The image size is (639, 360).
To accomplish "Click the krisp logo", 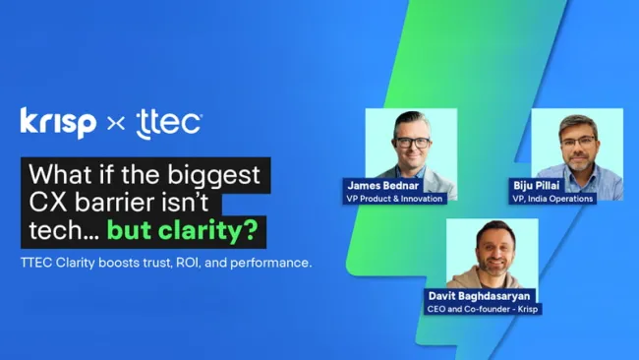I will point(58,122).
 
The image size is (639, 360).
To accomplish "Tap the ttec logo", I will point(169,123).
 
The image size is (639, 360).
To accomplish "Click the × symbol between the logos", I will point(115,124).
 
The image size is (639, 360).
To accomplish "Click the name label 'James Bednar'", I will point(381,184).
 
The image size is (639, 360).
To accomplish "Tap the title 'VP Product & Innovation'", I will point(395,198).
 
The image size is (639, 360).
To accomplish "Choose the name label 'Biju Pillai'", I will point(535,184).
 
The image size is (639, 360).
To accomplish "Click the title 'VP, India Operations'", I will point(553,198).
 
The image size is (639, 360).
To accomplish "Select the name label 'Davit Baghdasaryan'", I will point(483,295).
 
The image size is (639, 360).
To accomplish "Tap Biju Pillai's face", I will point(578,143).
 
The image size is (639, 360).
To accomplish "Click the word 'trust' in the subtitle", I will point(171,263).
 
